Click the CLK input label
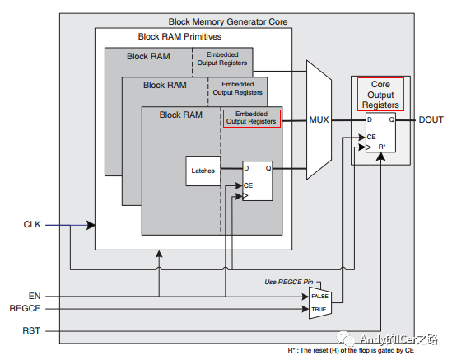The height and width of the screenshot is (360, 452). click(x=32, y=224)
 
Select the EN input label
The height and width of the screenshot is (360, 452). click(x=35, y=296)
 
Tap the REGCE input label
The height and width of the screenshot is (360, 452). click(x=25, y=308)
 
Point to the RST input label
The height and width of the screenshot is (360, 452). click(x=31, y=330)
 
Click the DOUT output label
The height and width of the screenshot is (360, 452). click(x=431, y=119)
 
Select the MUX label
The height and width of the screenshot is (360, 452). click(x=319, y=119)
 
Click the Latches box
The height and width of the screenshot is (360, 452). click(x=203, y=171)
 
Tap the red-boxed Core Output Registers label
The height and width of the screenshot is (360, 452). click(x=380, y=95)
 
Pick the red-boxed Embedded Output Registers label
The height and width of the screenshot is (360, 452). click(x=252, y=119)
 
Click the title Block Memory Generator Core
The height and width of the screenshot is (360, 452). click(x=228, y=21)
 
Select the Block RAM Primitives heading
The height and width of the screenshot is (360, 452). click(x=179, y=36)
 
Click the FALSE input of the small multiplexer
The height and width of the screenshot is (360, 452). click(x=319, y=297)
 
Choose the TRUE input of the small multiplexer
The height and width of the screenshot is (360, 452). click(x=319, y=310)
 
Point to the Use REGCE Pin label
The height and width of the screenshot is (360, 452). click(x=288, y=282)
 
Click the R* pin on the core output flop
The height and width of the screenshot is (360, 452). click(x=382, y=147)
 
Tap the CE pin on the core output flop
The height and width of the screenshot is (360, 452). click(x=371, y=137)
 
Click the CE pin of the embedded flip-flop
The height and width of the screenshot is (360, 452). click(x=248, y=185)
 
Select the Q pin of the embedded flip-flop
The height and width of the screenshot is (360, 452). click(x=268, y=168)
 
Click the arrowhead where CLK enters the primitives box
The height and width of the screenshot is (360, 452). click(x=91, y=225)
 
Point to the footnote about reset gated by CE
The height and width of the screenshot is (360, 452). click(x=351, y=350)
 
